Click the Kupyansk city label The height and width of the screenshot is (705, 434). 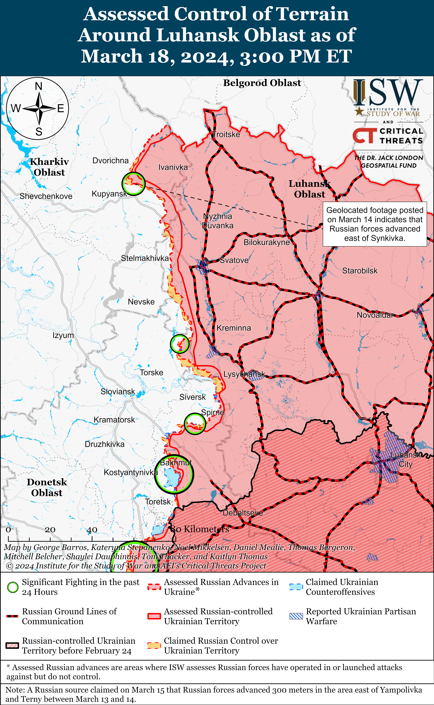point(109,194)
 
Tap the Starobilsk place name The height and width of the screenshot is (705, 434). point(360,271)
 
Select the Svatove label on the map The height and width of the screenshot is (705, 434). point(234,260)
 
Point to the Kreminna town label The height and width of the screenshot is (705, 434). point(234,328)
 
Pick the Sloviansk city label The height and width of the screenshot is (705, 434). point(118,392)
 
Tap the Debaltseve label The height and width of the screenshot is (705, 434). point(243,513)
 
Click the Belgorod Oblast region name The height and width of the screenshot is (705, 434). point(262,83)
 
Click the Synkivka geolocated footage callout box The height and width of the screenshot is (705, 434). point(375,224)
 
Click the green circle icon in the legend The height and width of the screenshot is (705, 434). point(13,587)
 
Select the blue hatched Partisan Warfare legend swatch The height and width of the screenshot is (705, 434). point(296,616)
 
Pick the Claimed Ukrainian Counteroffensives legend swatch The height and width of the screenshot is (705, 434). point(296,587)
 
